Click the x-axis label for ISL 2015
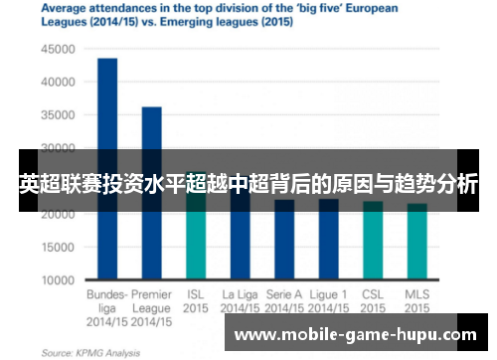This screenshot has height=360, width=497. click(196, 301)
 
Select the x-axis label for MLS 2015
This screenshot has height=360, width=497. click(417, 301)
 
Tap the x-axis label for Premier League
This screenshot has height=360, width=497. click(151, 301)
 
